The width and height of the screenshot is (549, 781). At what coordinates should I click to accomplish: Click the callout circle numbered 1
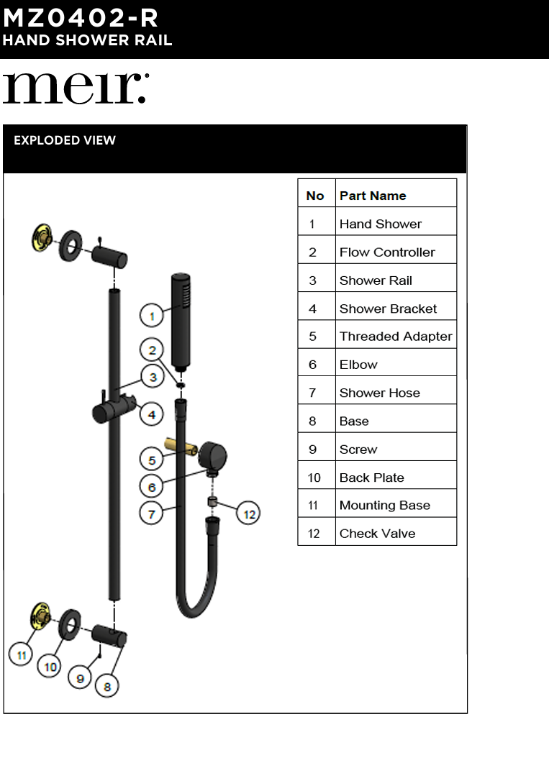click(152, 316)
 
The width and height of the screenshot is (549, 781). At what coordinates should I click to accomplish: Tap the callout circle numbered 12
click(249, 513)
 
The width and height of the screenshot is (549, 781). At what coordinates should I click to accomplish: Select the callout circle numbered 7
click(151, 514)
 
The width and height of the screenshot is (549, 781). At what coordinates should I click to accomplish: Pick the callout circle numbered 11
click(22, 654)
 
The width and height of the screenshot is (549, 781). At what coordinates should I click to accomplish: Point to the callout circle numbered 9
click(81, 677)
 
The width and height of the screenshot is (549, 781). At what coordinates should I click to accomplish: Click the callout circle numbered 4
click(152, 415)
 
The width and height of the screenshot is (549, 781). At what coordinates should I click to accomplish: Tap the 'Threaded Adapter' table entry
click(395, 337)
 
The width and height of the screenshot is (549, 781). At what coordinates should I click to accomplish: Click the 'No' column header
click(315, 196)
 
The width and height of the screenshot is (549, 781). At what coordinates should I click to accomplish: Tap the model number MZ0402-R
click(81, 17)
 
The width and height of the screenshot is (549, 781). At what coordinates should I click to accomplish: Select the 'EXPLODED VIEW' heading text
click(65, 140)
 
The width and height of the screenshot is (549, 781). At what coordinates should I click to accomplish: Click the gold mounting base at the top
click(41, 237)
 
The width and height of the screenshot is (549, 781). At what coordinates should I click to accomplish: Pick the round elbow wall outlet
click(212, 456)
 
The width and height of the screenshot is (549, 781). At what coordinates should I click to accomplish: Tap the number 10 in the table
click(315, 478)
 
